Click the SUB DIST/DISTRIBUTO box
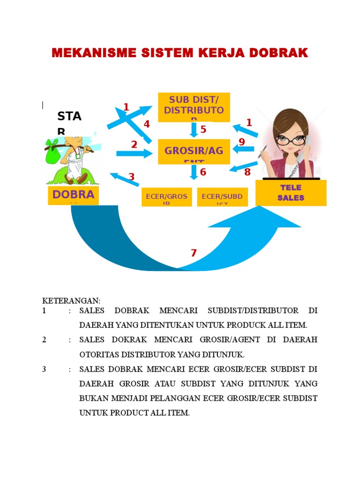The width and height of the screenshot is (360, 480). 194,107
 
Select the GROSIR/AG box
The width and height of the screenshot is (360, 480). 194,151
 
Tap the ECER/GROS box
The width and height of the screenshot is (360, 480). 166,197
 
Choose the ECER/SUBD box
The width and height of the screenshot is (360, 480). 222,197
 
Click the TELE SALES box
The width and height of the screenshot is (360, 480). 291,193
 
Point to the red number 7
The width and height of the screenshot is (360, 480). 194,253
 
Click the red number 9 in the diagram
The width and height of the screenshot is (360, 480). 242,142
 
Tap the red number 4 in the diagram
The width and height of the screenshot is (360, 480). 147,124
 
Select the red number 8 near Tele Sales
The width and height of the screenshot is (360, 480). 247,172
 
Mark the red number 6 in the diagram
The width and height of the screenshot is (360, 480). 203,172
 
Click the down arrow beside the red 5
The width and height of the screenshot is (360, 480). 193,129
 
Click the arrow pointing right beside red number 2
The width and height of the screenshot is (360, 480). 135,153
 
